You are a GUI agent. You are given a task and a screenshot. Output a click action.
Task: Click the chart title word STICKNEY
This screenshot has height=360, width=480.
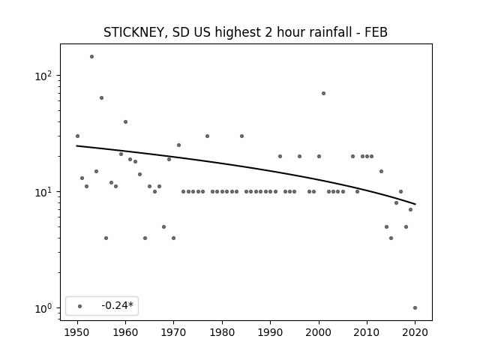coord(135,32)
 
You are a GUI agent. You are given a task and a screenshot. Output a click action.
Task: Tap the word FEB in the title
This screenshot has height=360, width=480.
coord(376,32)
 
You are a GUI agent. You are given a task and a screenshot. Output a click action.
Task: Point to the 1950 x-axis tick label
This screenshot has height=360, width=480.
coord(77,332)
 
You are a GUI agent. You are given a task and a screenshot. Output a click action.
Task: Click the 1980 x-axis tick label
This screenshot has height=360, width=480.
coord(222,332)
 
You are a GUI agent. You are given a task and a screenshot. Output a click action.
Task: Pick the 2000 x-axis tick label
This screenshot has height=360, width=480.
coord(319,332)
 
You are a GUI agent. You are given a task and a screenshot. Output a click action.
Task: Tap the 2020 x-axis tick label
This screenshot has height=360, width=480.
coord(415,332)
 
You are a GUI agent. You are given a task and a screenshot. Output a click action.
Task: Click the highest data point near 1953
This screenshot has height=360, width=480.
coord(91,57)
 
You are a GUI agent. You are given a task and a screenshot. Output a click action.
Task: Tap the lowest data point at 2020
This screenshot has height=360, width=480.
coord(415,308)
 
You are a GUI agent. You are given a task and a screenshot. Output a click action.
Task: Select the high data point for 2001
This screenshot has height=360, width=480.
coord(323,93)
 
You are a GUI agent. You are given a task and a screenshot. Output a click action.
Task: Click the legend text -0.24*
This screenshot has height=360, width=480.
coord(118,305)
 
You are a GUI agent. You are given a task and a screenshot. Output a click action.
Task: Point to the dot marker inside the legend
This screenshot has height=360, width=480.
coord(80,306)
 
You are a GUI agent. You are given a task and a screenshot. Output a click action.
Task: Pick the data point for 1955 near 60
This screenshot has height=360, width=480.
coord(102,98)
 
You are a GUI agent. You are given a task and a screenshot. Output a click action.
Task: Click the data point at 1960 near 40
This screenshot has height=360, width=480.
coord(125,121)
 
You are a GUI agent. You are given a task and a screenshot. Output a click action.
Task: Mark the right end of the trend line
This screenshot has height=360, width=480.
coord(415,204)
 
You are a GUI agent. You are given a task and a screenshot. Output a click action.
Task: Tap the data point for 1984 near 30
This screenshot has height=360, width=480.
coord(241,136)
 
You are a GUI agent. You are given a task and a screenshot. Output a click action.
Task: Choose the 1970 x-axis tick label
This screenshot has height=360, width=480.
coord(174,332)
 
